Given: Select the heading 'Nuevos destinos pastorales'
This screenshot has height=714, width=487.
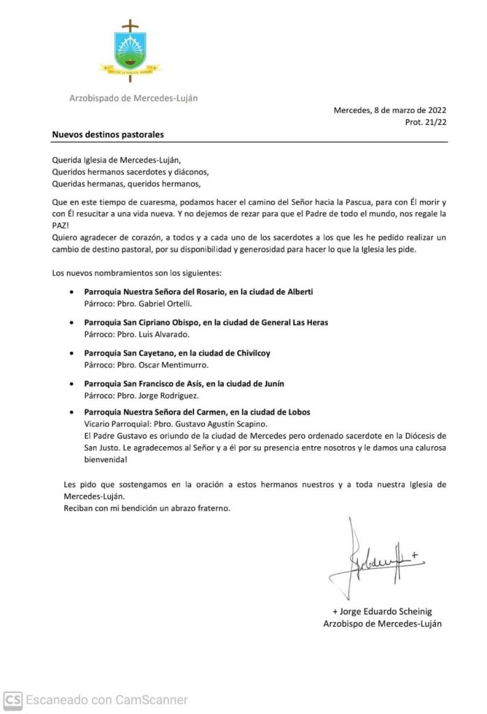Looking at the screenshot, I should point(108,134).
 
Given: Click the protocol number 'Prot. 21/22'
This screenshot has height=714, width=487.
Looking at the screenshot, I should point(426,122).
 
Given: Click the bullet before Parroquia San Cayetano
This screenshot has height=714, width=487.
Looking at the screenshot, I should point(73,354).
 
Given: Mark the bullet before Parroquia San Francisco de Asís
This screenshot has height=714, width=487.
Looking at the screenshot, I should point(73,384).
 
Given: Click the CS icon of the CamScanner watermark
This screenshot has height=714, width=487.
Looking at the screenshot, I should point(13,699).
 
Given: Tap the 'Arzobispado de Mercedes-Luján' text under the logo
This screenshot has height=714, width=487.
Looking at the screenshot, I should point(133,98).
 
